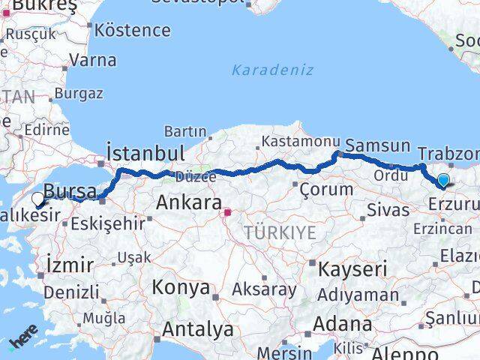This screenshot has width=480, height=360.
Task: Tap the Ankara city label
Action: tap(188, 203)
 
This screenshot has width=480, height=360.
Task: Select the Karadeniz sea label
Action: tap(272, 70)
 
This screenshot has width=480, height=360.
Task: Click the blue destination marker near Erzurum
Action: tap(443, 180)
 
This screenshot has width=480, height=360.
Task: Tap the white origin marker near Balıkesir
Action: tap(38, 199)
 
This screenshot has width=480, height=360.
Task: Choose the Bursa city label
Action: tap(70, 190)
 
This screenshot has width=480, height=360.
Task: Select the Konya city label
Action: tap(181, 286)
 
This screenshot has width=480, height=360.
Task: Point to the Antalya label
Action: tap(198, 328)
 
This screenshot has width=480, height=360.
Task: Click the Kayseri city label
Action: tap(352, 268)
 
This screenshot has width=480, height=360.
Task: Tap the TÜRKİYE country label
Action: tap(280, 232)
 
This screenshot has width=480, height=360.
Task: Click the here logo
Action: tap(23, 334)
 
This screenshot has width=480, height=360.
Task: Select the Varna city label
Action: tap(94, 60)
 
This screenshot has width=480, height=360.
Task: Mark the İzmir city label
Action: tap(70, 265)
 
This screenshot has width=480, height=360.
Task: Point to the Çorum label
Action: tap(326, 189)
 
